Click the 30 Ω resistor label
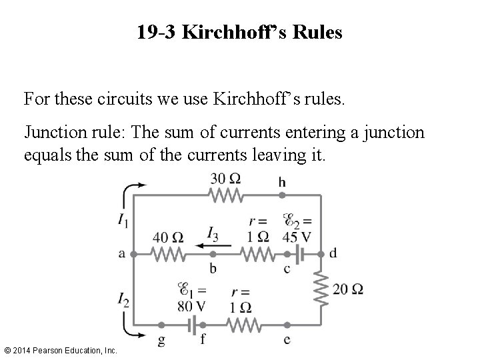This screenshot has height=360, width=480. point(225,179)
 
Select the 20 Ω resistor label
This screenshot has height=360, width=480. point(349,289)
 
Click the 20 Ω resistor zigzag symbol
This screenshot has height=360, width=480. point(321,288)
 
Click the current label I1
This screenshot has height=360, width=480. point(123,220)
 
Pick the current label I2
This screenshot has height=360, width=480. point(123,301)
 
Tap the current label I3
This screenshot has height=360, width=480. point(213,233)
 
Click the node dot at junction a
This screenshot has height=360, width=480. point(133,254)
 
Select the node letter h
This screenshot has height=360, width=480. point(282,181)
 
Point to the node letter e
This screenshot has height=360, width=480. point(287,339)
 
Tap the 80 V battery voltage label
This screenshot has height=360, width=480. point(192,306)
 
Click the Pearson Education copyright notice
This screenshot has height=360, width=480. point(61,350)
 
